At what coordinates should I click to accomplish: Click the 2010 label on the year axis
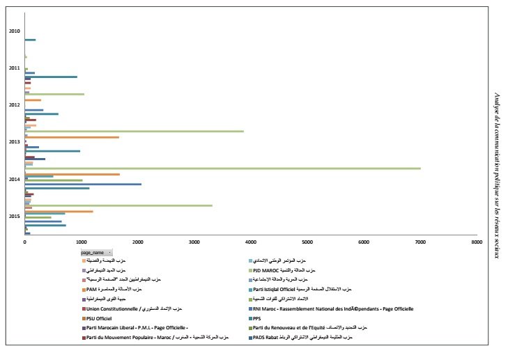click(x=14, y=31)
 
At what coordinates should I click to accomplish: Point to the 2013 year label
click(x=14, y=141)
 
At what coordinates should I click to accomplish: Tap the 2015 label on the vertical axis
click(x=14, y=216)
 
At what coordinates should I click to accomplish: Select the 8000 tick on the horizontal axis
click(x=476, y=242)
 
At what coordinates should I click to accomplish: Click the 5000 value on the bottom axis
click(x=307, y=242)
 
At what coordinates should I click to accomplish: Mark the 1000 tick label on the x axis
click(x=82, y=242)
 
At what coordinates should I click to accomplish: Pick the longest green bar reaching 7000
click(x=223, y=169)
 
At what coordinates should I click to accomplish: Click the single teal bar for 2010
click(x=30, y=40)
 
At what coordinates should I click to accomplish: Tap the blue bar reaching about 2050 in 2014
click(x=83, y=184)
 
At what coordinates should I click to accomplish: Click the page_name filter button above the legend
click(x=96, y=252)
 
